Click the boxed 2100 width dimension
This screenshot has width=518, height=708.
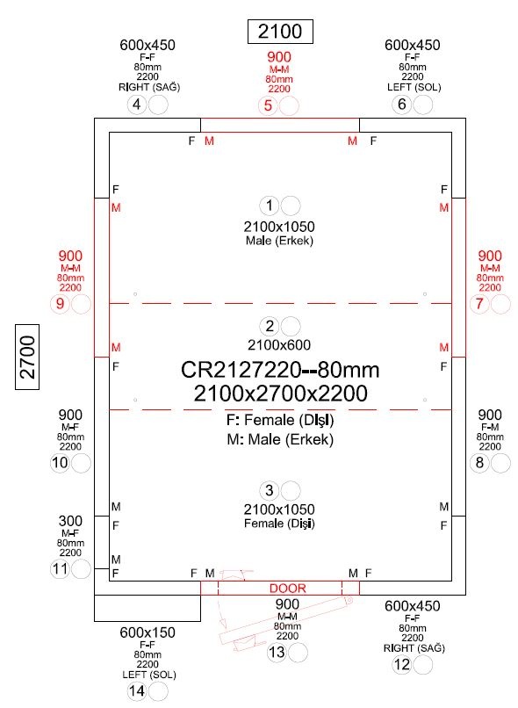[280, 32]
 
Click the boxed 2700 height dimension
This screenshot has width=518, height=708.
[27, 357]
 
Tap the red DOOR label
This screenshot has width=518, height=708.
[287, 589]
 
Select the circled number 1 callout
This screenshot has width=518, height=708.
[270, 206]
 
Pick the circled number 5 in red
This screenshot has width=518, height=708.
[268, 106]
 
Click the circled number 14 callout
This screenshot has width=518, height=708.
[137, 691]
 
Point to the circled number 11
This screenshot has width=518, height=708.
[60, 569]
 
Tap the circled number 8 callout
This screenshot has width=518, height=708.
[479, 463]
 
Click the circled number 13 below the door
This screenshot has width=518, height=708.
[277, 653]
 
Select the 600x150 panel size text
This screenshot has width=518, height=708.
[147, 632]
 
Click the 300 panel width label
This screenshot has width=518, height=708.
[70, 521]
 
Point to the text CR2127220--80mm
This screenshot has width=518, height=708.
[280, 370]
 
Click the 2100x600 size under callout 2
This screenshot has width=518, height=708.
[279, 345]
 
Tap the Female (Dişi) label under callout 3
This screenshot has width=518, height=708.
[279, 524]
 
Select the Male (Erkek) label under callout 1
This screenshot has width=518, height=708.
[279, 240]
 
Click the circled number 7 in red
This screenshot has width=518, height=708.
[479, 304]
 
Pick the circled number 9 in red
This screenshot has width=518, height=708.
[60, 304]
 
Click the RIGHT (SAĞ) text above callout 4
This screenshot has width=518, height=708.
[149, 87]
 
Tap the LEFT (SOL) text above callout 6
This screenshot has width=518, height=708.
[414, 87]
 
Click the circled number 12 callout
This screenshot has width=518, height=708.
[401, 665]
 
